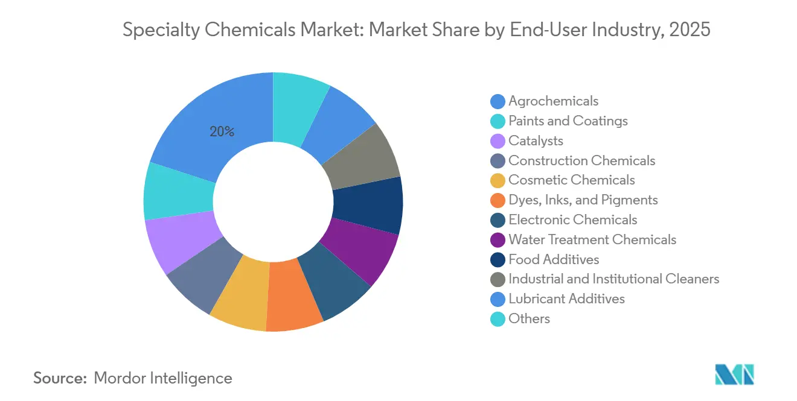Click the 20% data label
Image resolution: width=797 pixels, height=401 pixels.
[222, 131]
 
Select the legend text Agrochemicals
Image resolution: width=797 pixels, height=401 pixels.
[553, 101]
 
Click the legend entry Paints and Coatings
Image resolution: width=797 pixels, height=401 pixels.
[568, 121]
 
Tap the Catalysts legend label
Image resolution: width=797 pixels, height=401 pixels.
[536, 141]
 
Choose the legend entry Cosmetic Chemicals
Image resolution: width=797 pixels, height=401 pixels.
[571, 180]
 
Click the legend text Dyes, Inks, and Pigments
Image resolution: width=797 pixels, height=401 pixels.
[583, 200]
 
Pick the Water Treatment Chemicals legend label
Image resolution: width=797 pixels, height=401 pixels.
[592, 239]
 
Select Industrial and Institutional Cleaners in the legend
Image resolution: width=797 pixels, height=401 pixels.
[613, 279]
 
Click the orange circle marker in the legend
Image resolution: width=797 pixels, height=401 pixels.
[498, 200]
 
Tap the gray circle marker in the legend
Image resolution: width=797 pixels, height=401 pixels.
[498, 279]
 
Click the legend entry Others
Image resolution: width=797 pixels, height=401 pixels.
[529, 318]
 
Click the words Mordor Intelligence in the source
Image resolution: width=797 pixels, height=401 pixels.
[163, 378]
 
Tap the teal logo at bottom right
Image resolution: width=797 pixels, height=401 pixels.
[734, 375]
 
